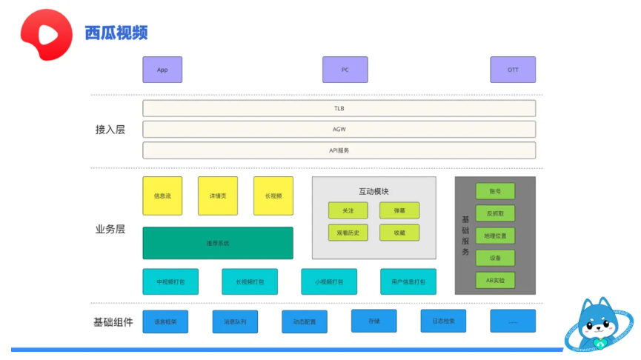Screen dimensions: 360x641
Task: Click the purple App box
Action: pyautogui.click(x=162, y=70)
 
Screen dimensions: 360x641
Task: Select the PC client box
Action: pyautogui.click(x=345, y=70)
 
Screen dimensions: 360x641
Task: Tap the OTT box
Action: pyautogui.click(x=513, y=70)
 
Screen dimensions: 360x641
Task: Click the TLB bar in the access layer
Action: pyautogui.click(x=339, y=109)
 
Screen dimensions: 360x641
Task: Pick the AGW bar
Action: pyautogui.click(x=339, y=130)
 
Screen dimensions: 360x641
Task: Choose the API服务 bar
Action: pyautogui.click(x=339, y=150)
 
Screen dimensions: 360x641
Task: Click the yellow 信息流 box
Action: pyautogui.click(x=162, y=196)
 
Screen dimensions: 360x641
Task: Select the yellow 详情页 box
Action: pyautogui.click(x=218, y=196)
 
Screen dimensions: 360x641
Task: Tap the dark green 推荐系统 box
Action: pyautogui.click(x=218, y=243)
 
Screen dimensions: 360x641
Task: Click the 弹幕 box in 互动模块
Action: pyautogui.click(x=399, y=211)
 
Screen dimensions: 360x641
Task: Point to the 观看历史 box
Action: pyautogui.click(x=348, y=233)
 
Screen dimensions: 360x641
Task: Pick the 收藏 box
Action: pyautogui.click(x=399, y=233)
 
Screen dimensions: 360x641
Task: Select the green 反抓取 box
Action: pyautogui.click(x=495, y=213)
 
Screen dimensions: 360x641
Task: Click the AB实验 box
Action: pyautogui.click(x=495, y=281)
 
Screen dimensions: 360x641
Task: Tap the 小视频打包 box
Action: pyautogui.click(x=329, y=282)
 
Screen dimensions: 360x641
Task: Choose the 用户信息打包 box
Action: pyautogui.click(x=408, y=282)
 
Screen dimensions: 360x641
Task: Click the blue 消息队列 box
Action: pyautogui.click(x=235, y=321)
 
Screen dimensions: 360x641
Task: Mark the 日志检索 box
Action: pyautogui.click(x=443, y=321)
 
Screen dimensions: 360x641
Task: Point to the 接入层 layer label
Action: pyautogui.click(x=110, y=130)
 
